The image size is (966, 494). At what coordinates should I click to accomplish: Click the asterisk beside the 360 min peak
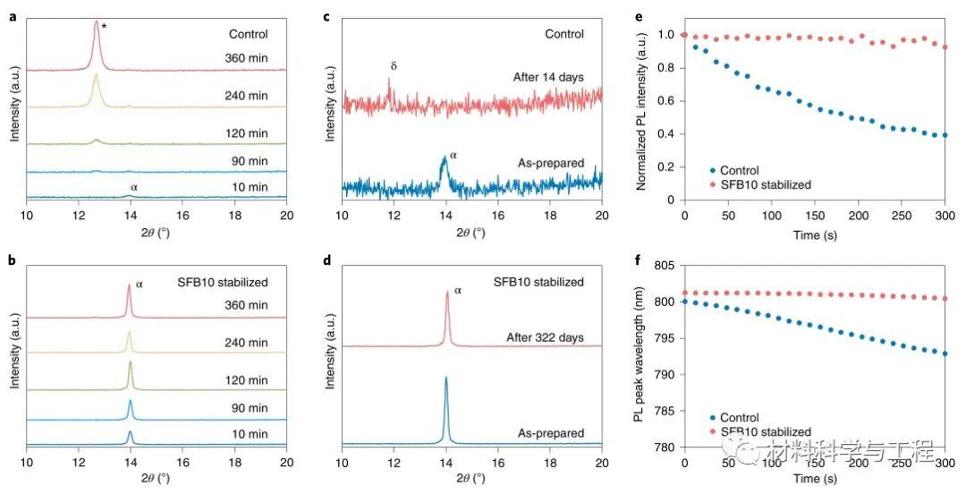coord(105,28)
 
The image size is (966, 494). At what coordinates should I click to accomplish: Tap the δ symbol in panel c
coord(393,66)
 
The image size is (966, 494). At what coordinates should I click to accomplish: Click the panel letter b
coord(13,264)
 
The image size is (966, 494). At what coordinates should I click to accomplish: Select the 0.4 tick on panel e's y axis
coord(664,134)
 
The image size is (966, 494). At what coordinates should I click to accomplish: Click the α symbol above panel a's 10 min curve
coord(134,186)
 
